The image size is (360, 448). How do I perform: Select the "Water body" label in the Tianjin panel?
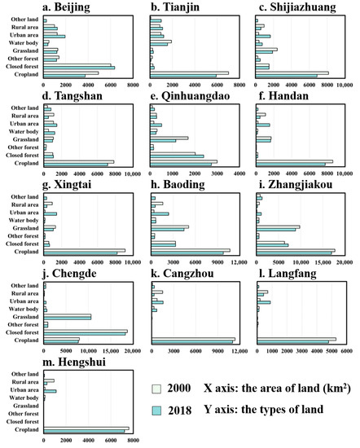(x=134, y=42)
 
